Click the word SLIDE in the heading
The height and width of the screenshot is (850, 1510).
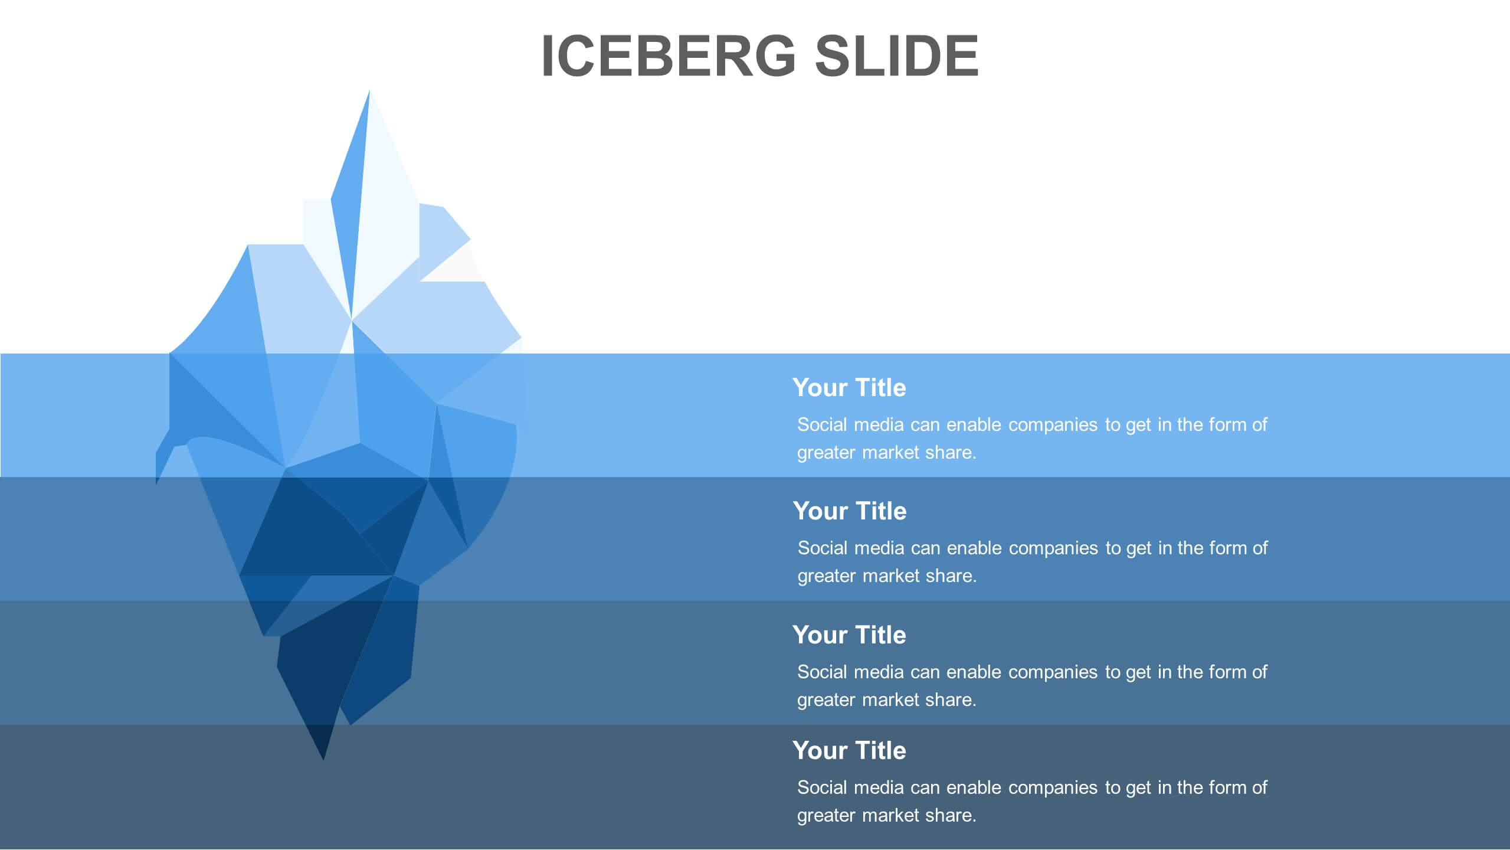897,55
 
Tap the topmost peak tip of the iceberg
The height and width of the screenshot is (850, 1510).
369,90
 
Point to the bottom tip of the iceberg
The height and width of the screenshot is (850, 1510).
323,760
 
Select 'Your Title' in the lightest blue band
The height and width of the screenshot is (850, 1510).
849,387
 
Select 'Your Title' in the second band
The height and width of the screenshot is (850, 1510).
850,511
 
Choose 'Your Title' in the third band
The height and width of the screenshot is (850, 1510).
849,635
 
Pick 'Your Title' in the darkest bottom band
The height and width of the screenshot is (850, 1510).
849,750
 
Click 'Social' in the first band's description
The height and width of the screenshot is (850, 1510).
821,424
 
